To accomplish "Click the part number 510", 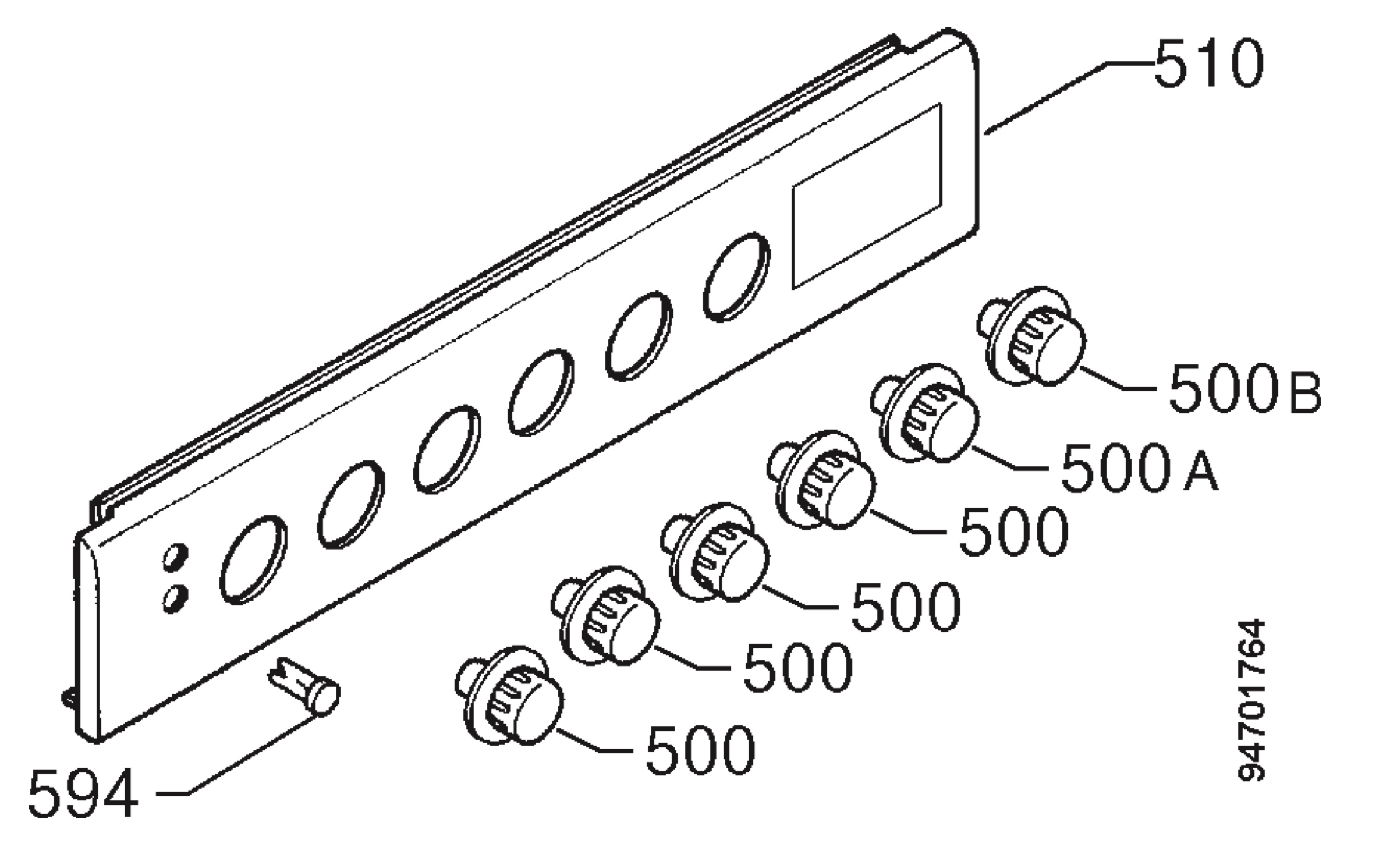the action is [x=1209, y=63].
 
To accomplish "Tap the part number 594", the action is [x=83, y=793].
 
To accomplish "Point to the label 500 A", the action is [x=1139, y=467].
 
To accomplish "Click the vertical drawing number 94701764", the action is [x=1251, y=701].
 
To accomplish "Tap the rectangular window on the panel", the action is [x=867, y=196].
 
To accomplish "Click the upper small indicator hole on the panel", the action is [x=175, y=555].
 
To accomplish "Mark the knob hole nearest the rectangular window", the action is [x=736, y=277].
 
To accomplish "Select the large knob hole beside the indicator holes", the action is [x=253, y=559].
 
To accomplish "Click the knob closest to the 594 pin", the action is [x=509, y=695].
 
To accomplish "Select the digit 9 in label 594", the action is [x=83, y=793].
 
